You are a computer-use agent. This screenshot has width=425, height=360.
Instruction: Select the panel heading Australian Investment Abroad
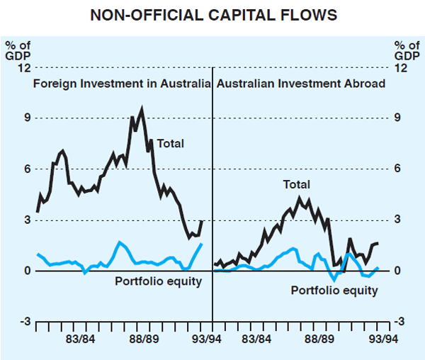[301, 83]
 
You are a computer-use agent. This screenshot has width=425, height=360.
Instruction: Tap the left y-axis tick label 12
[24, 68]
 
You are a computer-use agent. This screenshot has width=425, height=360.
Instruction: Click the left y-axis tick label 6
[27, 169]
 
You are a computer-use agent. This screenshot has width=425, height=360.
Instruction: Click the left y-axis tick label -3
[25, 322]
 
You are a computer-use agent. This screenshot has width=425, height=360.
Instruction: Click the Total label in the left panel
[170, 144]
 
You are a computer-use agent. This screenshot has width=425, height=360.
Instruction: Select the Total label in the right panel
[296, 185]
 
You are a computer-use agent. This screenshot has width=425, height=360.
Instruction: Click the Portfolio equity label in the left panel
[159, 282]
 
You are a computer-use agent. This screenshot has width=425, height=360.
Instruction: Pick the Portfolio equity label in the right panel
[334, 291]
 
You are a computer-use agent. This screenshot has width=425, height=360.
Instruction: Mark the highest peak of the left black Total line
[142, 108]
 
